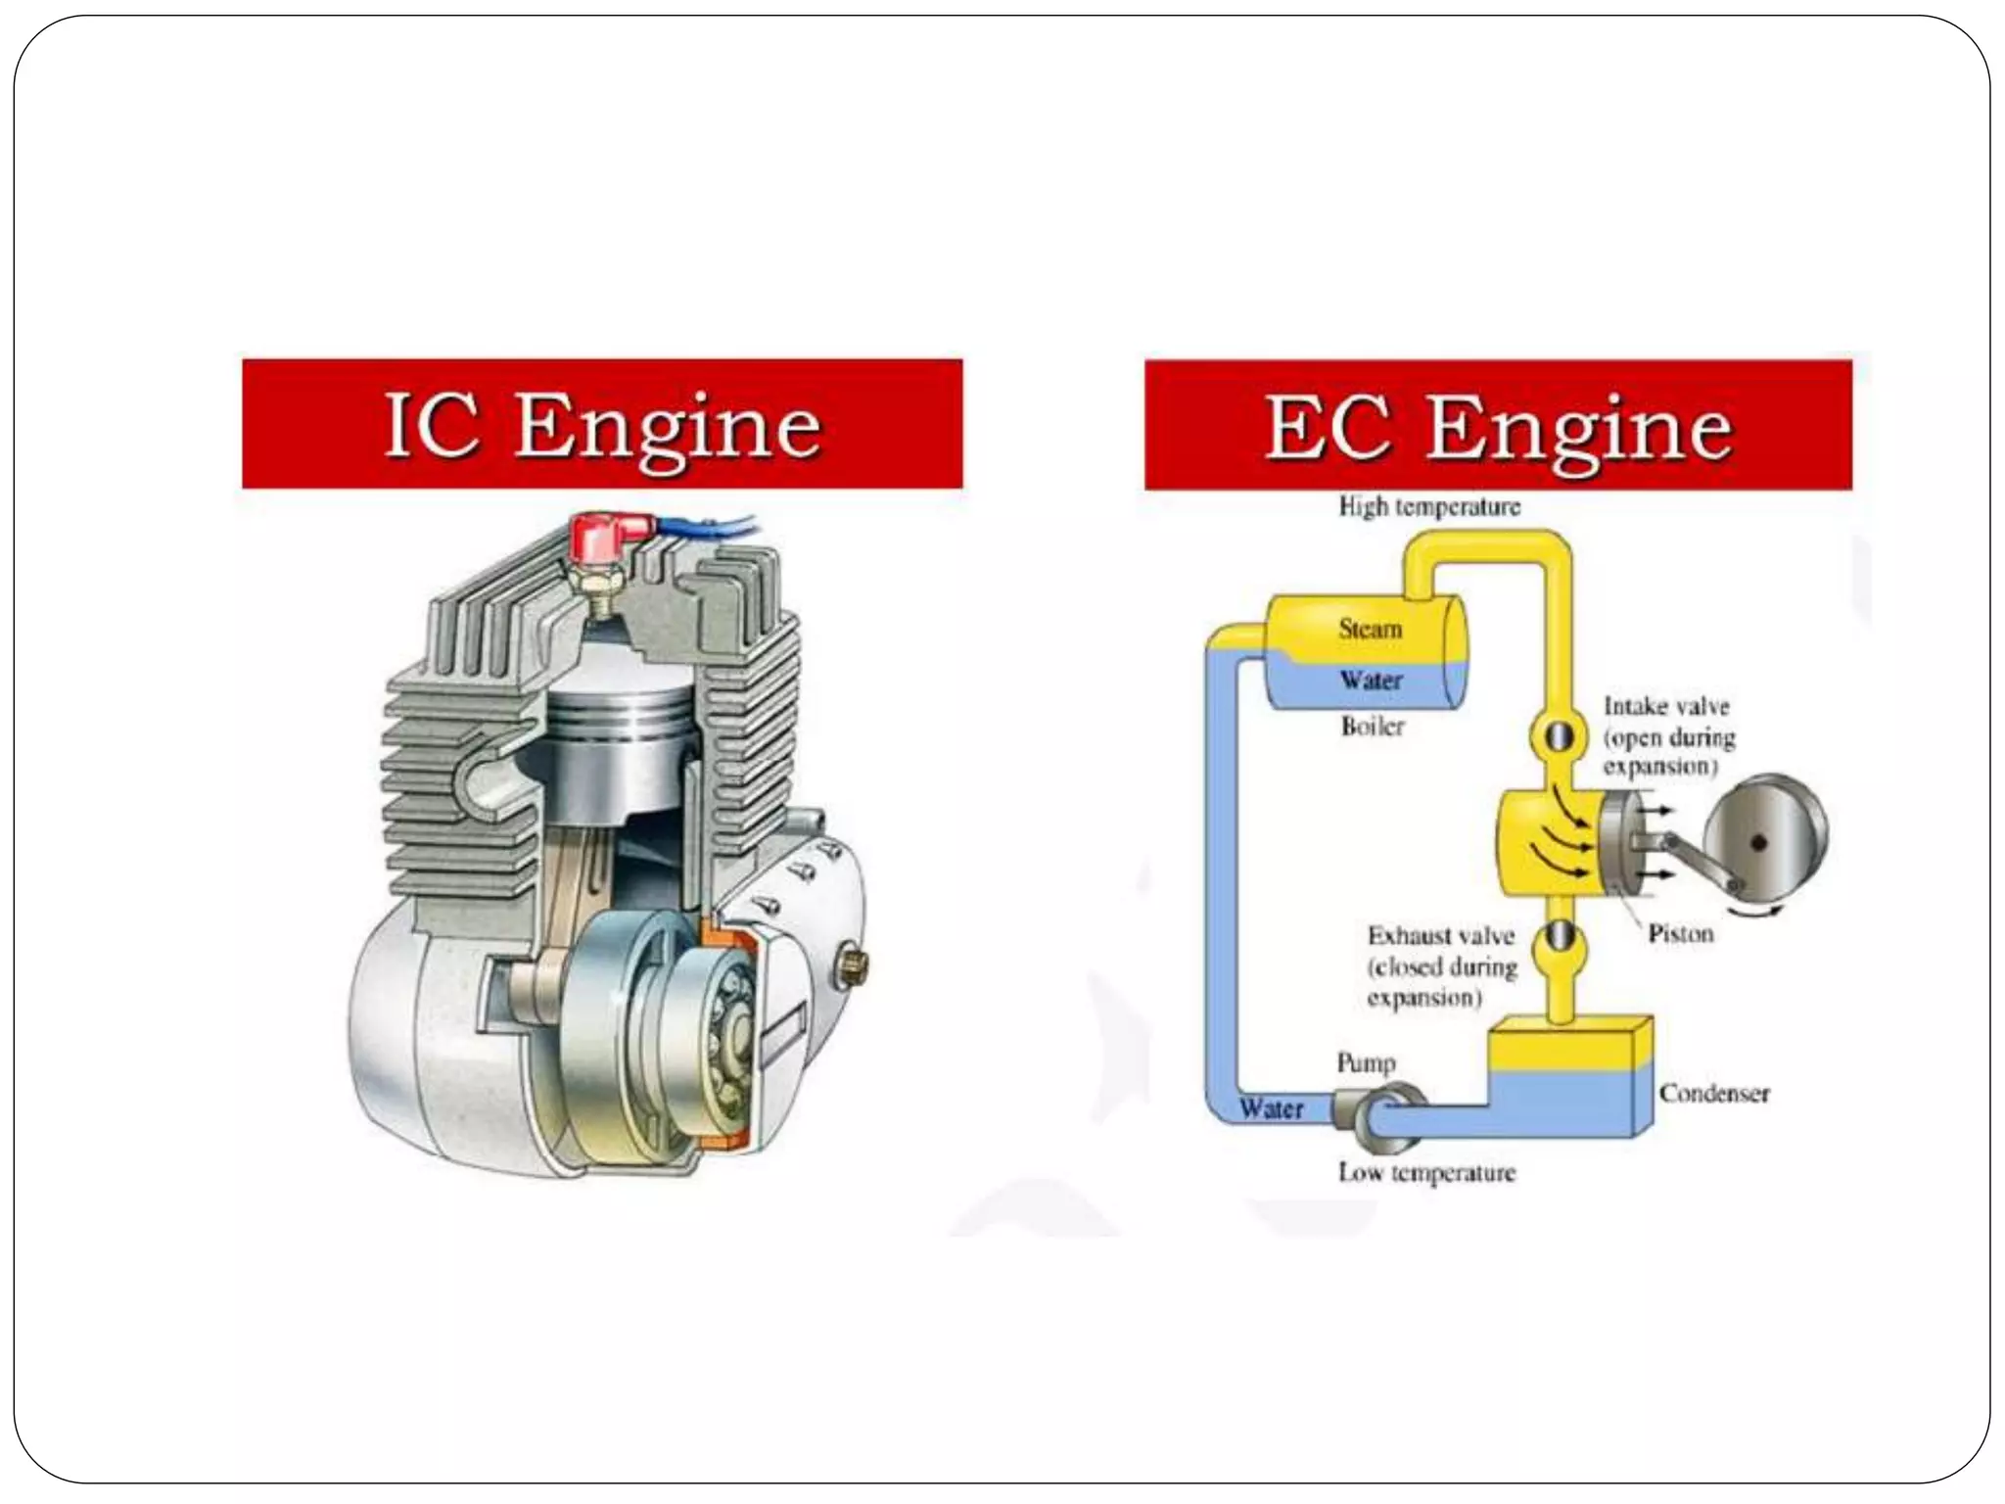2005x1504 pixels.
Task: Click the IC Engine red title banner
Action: pyautogui.click(x=602, y=424)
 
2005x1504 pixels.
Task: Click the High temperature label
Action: pyautogui.click(x=1429, y=507)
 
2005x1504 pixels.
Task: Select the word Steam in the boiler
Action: pyautogui.click(x=1371, y=629)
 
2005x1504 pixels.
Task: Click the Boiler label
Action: pyautogui.click(x=1373, y=726)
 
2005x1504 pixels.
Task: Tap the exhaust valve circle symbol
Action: pyautogui.click(x=1556, y=938)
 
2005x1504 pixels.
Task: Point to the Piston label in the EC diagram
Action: pyautogui.click(x=1680, y=933)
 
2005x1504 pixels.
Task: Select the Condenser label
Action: pyautogui.click(x=1714, y=1094)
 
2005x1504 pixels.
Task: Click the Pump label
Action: pyautogui.click(x=1366, y=1063)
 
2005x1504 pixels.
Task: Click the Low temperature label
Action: pyautogui.click(x=1426, y=1172)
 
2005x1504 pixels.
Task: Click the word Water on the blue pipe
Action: pyautogui.click(x=1271, y=1109)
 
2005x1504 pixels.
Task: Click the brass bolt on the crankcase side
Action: pyautogui.click(x=851, y=966)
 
